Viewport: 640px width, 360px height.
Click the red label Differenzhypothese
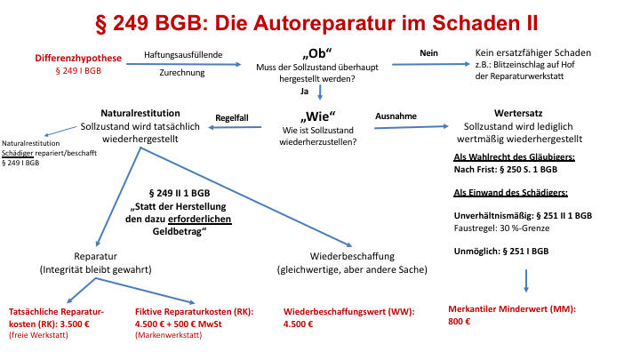[x=78, y=58]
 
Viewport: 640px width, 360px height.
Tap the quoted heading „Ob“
[x=317, y=53]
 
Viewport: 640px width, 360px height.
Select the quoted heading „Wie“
[x=317, y=116]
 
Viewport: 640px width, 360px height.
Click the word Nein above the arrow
[x=428, y=53]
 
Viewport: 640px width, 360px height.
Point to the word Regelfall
[x=232, y=118]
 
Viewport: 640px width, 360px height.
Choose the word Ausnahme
[x=396, y=116]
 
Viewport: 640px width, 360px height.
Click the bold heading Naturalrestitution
[x=140, y=113]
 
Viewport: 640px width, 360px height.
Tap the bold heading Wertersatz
[x=518, y=113]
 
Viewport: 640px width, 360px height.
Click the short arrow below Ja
[x=320, y=92]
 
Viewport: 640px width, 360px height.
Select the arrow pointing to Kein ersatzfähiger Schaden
[x=431, y=64]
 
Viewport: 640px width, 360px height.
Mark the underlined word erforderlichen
[x=200, y=220]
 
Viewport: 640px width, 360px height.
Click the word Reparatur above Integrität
[x=95, y=256]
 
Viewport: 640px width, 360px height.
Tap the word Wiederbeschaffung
[x=352, y=256]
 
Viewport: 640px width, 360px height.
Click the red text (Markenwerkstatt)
[x=169, y=335]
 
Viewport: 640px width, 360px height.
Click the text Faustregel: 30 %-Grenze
[x=501, y=228]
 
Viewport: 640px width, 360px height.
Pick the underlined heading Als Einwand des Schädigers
[x=510, y=193]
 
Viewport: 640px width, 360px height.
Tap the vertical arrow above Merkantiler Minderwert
[x=526, y=281]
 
